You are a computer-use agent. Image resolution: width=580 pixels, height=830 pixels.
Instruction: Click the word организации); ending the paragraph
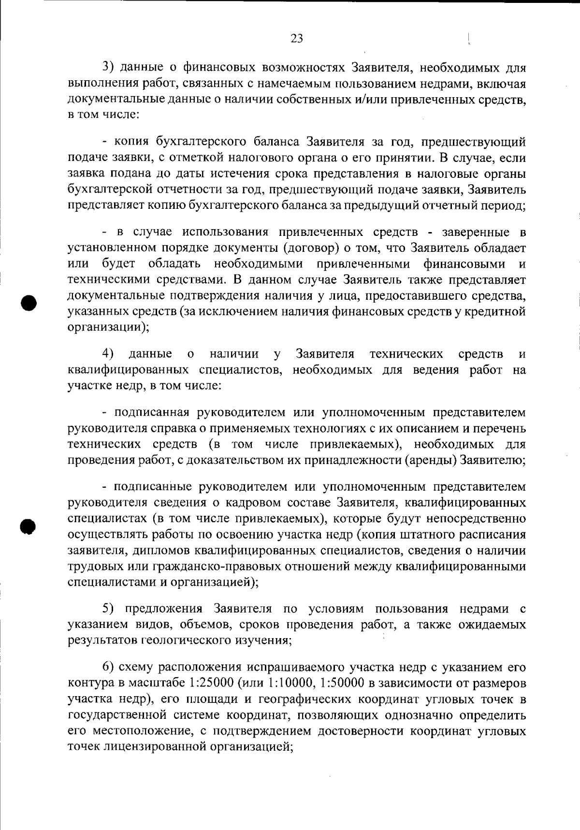click(x=108, y=327)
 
